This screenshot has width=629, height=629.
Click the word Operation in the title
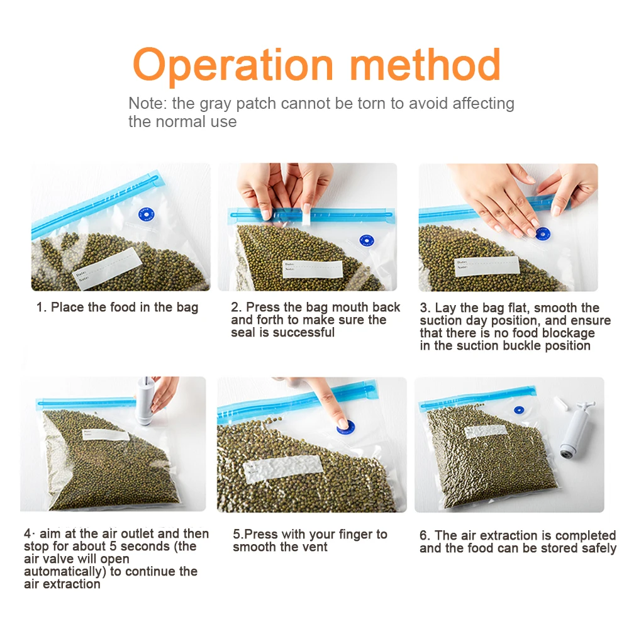point(233,65)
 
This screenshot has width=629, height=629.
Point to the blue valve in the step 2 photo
point(365,240)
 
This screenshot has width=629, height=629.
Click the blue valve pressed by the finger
point(343,425)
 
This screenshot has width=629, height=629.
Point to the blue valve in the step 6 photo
point(520,410)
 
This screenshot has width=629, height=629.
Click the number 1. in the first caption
point(41,308)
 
